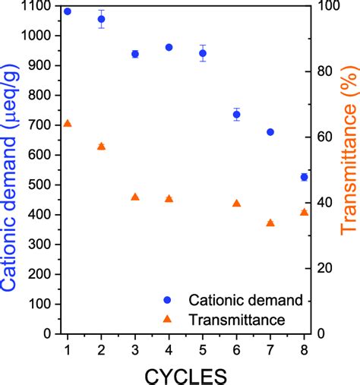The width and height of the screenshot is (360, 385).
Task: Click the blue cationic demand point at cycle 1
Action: coord(68,11)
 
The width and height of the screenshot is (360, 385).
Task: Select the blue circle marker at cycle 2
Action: coord(101,19)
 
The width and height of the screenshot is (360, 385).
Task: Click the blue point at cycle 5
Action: coord(203,53)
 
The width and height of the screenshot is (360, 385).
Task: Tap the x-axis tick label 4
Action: coord(169,349)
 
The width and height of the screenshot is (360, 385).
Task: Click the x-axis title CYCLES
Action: coord(186,374)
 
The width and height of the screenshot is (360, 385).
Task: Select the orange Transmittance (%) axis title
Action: coord(349,167)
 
